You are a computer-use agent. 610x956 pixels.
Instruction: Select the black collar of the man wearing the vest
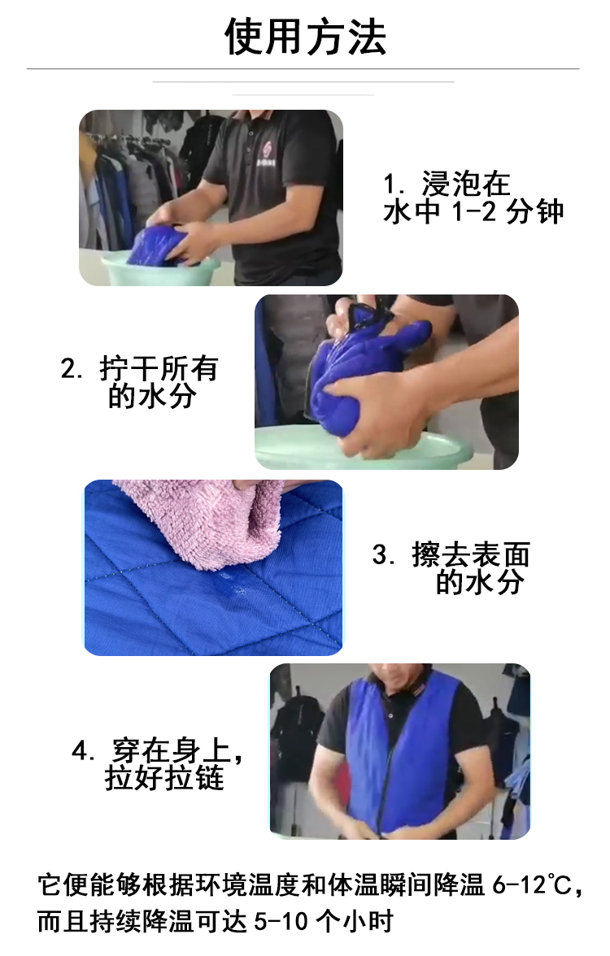click(x=399, y=683)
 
